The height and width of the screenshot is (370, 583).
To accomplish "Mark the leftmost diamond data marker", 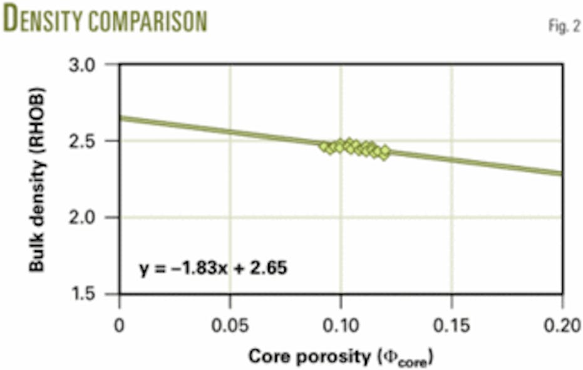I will (x=324, y=147).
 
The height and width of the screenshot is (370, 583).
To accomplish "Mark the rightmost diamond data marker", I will (x=385, y=152).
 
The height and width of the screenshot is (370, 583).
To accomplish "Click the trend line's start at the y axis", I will (x=120, y=118).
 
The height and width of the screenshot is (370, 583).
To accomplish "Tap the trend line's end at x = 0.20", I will (x=561, y=174).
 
